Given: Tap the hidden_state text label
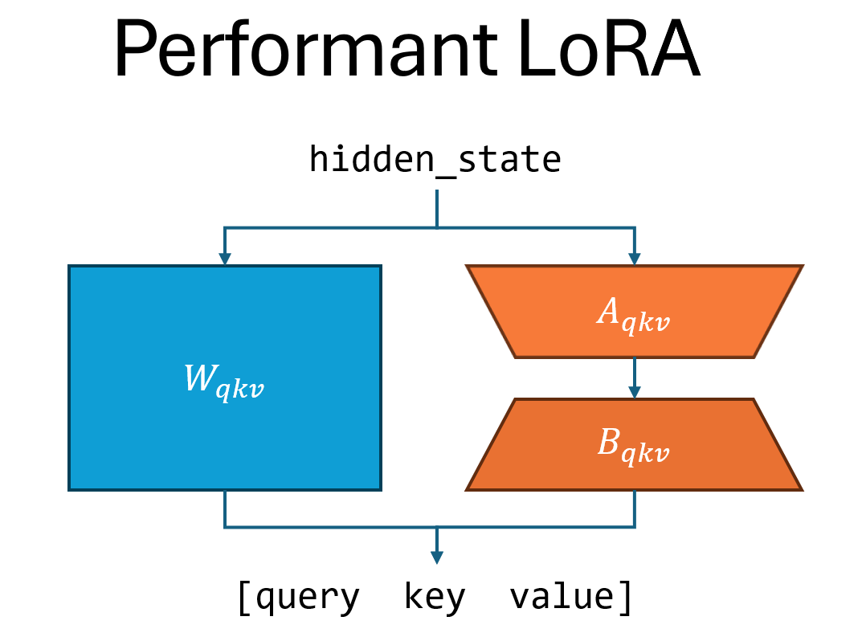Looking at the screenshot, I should pos(435,160).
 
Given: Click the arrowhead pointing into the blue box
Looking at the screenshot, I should pos(225,259).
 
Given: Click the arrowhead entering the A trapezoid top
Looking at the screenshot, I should pos(635,259).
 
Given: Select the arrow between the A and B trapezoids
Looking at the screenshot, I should pos(635,378).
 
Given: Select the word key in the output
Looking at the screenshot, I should pos(435,598).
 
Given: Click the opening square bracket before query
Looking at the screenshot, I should pos(244,598).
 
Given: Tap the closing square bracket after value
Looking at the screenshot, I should pos(624,598).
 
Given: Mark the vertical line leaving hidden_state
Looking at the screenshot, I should pos(436,209).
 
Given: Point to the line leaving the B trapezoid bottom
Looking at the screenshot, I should pos(635,508).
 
